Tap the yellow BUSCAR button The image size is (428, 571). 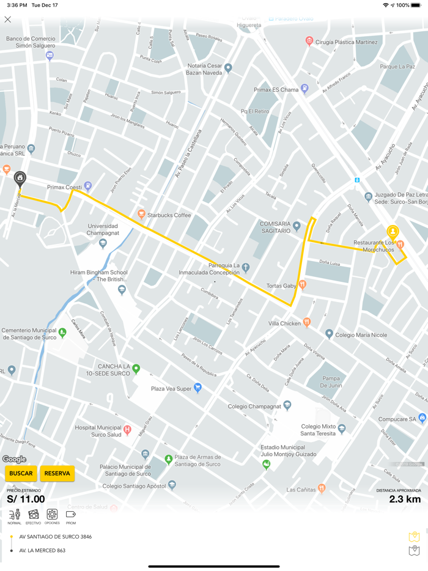(21, 473)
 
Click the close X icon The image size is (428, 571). (8, 20)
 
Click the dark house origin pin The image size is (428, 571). (20, 179)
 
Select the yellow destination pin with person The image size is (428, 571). (392, 232)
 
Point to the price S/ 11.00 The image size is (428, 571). (26, 499)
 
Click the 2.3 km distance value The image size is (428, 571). (405, 499)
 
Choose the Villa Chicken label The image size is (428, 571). (284, 323)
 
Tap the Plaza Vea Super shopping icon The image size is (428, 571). (197, 388)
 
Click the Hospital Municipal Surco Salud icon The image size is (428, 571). (128, 430)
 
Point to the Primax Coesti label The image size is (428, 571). (64, 187)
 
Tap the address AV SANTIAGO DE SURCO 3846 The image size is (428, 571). (56, 537)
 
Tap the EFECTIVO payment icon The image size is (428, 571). (34, 515)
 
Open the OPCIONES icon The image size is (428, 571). (53, 515)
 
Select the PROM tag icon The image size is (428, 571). (71, 515)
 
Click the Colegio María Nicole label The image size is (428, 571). (361, 335)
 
